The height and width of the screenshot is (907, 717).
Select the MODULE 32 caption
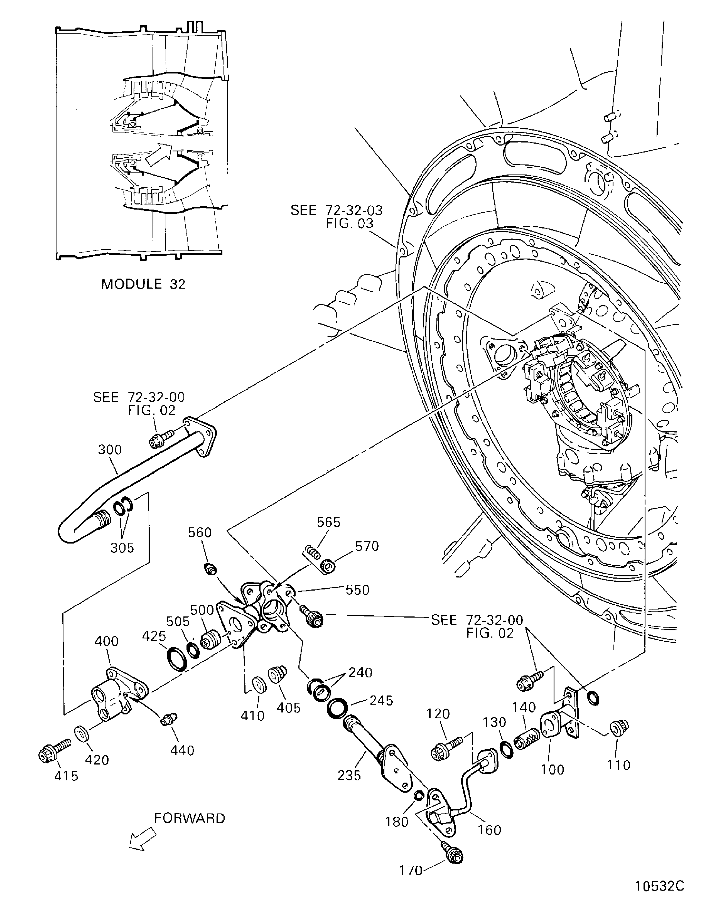(x=143, y=284)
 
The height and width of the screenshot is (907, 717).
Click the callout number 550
(x=357, y=590)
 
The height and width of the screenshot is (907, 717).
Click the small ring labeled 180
(x=418, y=795)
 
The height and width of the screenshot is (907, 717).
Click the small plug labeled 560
(x=210, y=569)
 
